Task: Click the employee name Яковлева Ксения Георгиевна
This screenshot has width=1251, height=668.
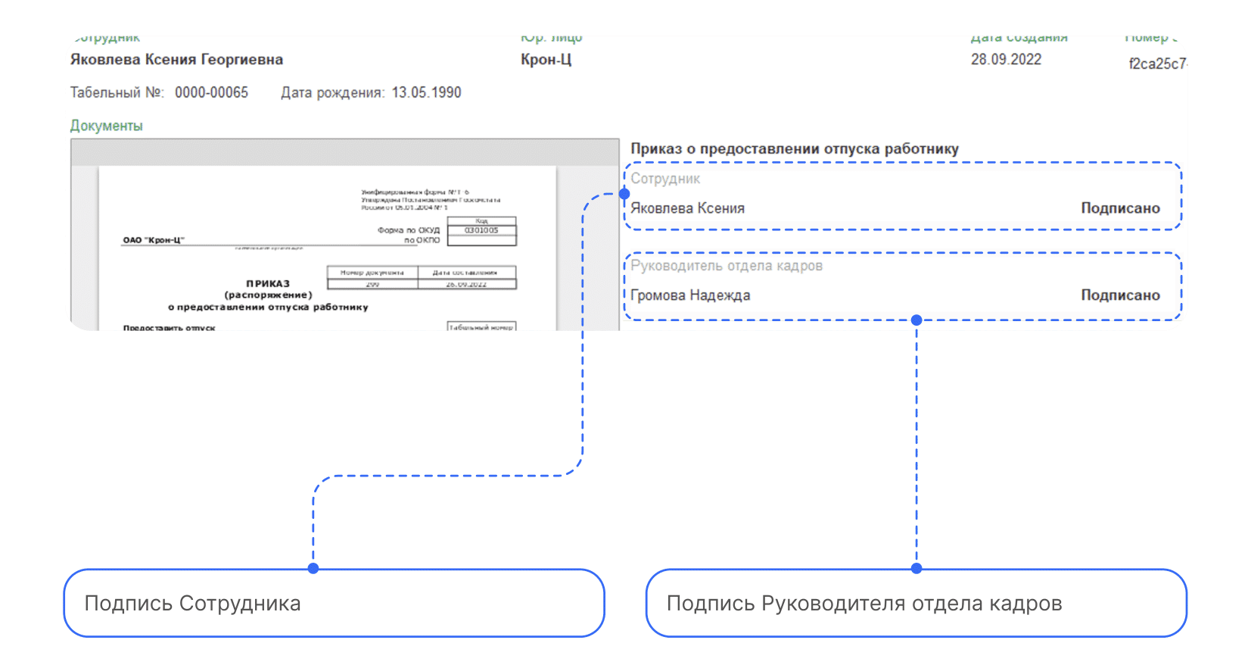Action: (176, 60)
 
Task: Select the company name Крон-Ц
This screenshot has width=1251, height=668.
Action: (546, 60)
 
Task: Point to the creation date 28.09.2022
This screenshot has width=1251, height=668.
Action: (1006, 60)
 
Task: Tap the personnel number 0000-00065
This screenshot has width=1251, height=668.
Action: (211, 92)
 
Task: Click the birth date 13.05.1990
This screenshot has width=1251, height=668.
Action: (426, 92)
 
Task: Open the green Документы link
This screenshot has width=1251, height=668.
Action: (106, 126)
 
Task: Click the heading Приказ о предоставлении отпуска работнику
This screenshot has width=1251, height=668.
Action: (795, 149)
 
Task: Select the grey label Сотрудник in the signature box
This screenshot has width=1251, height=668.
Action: (665, 179)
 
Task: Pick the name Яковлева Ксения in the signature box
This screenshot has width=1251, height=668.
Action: (687, 208)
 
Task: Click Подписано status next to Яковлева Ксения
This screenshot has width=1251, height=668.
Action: (1120, 208)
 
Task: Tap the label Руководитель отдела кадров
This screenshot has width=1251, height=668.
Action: (727, 266)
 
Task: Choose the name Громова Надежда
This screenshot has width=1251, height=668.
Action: (690, 295)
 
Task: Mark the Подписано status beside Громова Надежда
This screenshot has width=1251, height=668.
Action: (1120, 295)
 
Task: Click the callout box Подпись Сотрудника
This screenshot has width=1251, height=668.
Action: (334, 603)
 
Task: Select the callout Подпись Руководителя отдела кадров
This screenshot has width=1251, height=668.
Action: (916, 603)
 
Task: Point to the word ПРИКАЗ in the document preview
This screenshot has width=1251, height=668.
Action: (268, 284)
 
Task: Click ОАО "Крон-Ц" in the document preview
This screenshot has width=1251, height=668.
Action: (154, 240)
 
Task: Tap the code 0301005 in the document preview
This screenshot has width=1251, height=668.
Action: (481, 230)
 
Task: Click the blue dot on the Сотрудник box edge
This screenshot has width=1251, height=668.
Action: (624, 194)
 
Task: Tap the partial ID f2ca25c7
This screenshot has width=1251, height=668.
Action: (1157, 64)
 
